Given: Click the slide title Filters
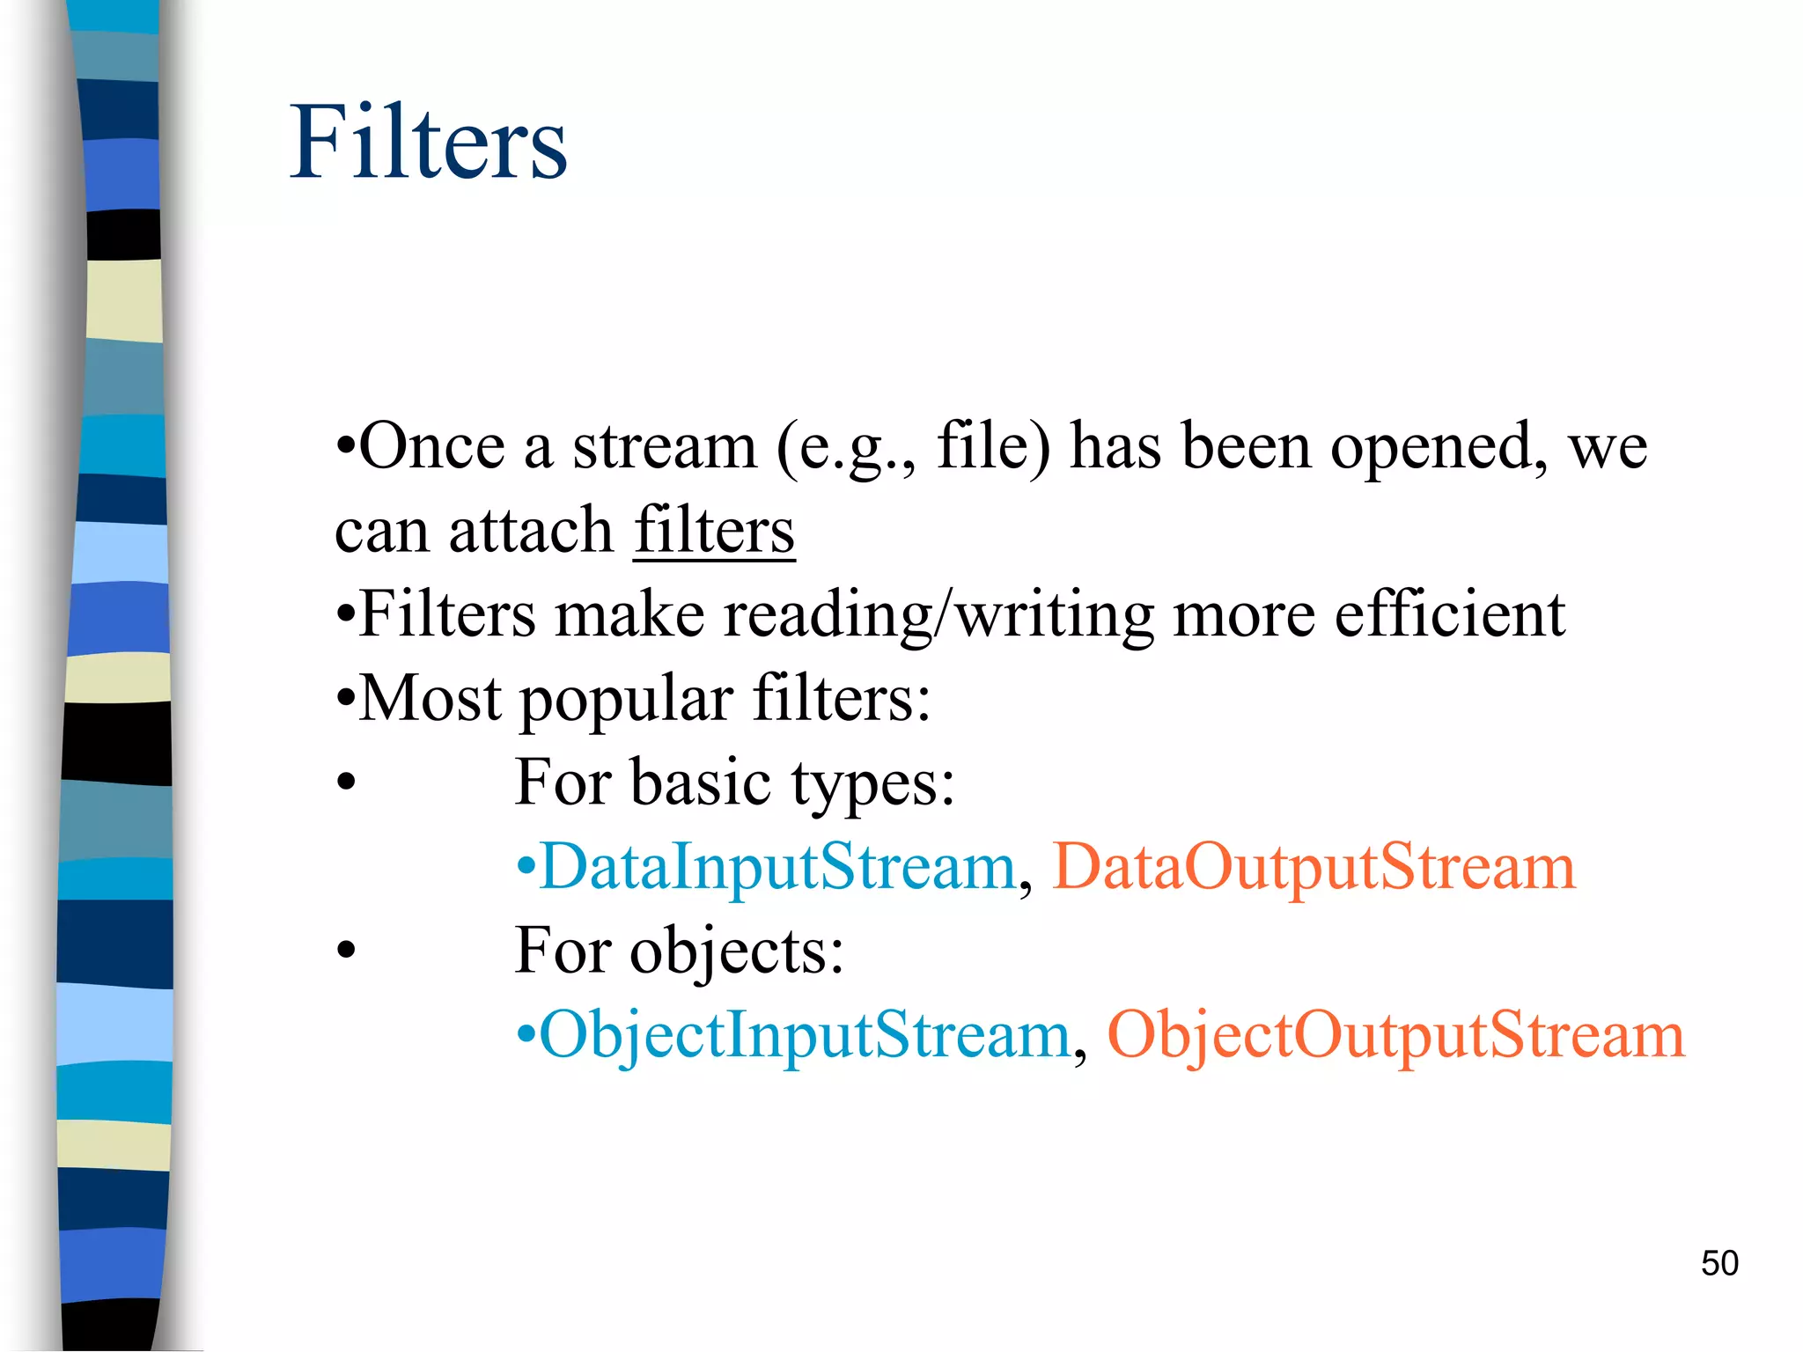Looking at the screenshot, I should (x=429, y=143).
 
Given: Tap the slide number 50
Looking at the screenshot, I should (x=1719, y=1263).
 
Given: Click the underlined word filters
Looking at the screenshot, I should (x=714, y=530).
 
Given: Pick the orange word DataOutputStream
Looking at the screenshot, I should (x=1314, y=866).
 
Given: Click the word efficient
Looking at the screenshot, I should (x=1450, y=614).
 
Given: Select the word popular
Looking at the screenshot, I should (x=627, y=698).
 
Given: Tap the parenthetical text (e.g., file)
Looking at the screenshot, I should (x=914, y=446).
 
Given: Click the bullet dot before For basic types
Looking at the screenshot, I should (x=347, y=782).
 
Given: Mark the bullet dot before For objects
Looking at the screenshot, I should (x=347, y=950).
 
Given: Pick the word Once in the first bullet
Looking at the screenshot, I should (x=431, y=446).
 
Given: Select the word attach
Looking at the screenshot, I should (x=531, y=530).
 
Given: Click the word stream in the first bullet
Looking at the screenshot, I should (x=665, y=446).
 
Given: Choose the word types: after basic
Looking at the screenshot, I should (x=872, y=783).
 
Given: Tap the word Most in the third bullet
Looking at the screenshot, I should (x=431, y=698).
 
